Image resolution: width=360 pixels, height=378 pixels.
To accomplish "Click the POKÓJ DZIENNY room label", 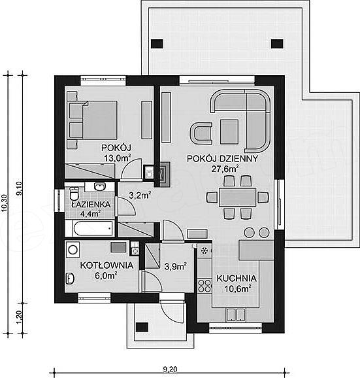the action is pyautogui.click(x=222, y=159).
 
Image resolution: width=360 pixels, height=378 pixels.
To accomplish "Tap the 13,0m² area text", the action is pyautogui.click(x=117, y=158).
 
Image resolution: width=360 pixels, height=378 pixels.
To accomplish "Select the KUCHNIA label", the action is pyautogui.click(x=237, y=278).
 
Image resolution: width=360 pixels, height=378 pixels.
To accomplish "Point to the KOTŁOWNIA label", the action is pyautogui.click(x=106, y=265).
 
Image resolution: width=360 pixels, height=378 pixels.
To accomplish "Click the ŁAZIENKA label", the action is pyautogui.click(x=91, y=204).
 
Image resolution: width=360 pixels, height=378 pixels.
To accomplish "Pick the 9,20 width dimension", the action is pyautogui.click(x=170, y=369).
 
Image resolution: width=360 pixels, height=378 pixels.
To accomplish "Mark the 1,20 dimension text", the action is pyautogui.click(x=20, y=317).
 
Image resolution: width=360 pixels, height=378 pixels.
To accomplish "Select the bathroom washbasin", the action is pyautogui.click(x=99, y=186).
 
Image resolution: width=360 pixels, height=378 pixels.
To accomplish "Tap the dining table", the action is pyautogui.click(x=237, y=198).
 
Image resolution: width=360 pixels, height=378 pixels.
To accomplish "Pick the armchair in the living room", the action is pyautogui.click(x=202, y=133).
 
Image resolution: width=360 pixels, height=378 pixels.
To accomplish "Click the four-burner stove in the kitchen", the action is pyautogui.click(x=205, y=286).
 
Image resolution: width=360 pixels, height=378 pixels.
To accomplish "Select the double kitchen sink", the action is pyautogui.click(x=235, y=315).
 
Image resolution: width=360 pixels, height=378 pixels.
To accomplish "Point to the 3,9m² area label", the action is pyautogui.click(x=176, y=266).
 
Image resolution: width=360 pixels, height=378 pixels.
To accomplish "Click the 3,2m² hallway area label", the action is pyautogui.click(x=140, y=195).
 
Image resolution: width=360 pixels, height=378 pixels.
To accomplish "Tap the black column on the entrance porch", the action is pyautogui.click(x=142, y=327).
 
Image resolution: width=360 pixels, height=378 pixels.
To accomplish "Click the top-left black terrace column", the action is pyautogui.click(x=157, y=44).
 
